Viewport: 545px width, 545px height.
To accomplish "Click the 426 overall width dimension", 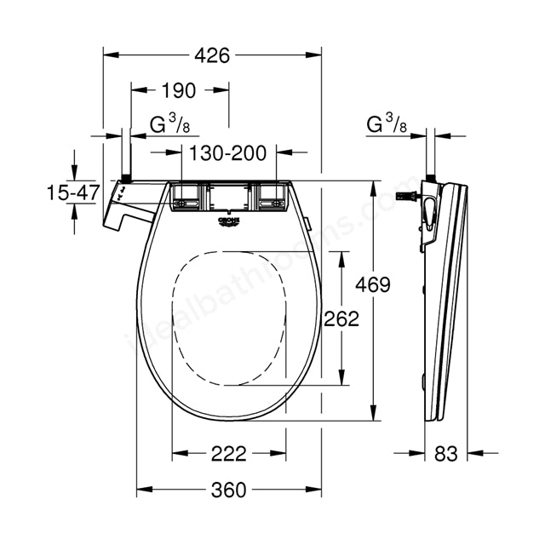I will [212, 55].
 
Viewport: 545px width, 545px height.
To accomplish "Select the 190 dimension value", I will [179, 90].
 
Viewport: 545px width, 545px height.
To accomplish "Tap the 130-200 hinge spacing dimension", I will [228, 153].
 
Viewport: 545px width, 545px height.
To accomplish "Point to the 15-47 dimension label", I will [73, 193].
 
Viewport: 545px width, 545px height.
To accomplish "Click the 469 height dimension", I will [374, 284].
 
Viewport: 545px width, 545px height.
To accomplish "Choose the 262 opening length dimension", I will [341, 318].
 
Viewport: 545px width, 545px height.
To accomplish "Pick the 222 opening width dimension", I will [228, 453].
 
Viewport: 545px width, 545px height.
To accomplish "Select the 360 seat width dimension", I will [227, 490].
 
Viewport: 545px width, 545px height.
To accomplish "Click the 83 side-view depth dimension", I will [445, 453].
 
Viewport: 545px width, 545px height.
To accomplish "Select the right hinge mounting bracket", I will [272, 198].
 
